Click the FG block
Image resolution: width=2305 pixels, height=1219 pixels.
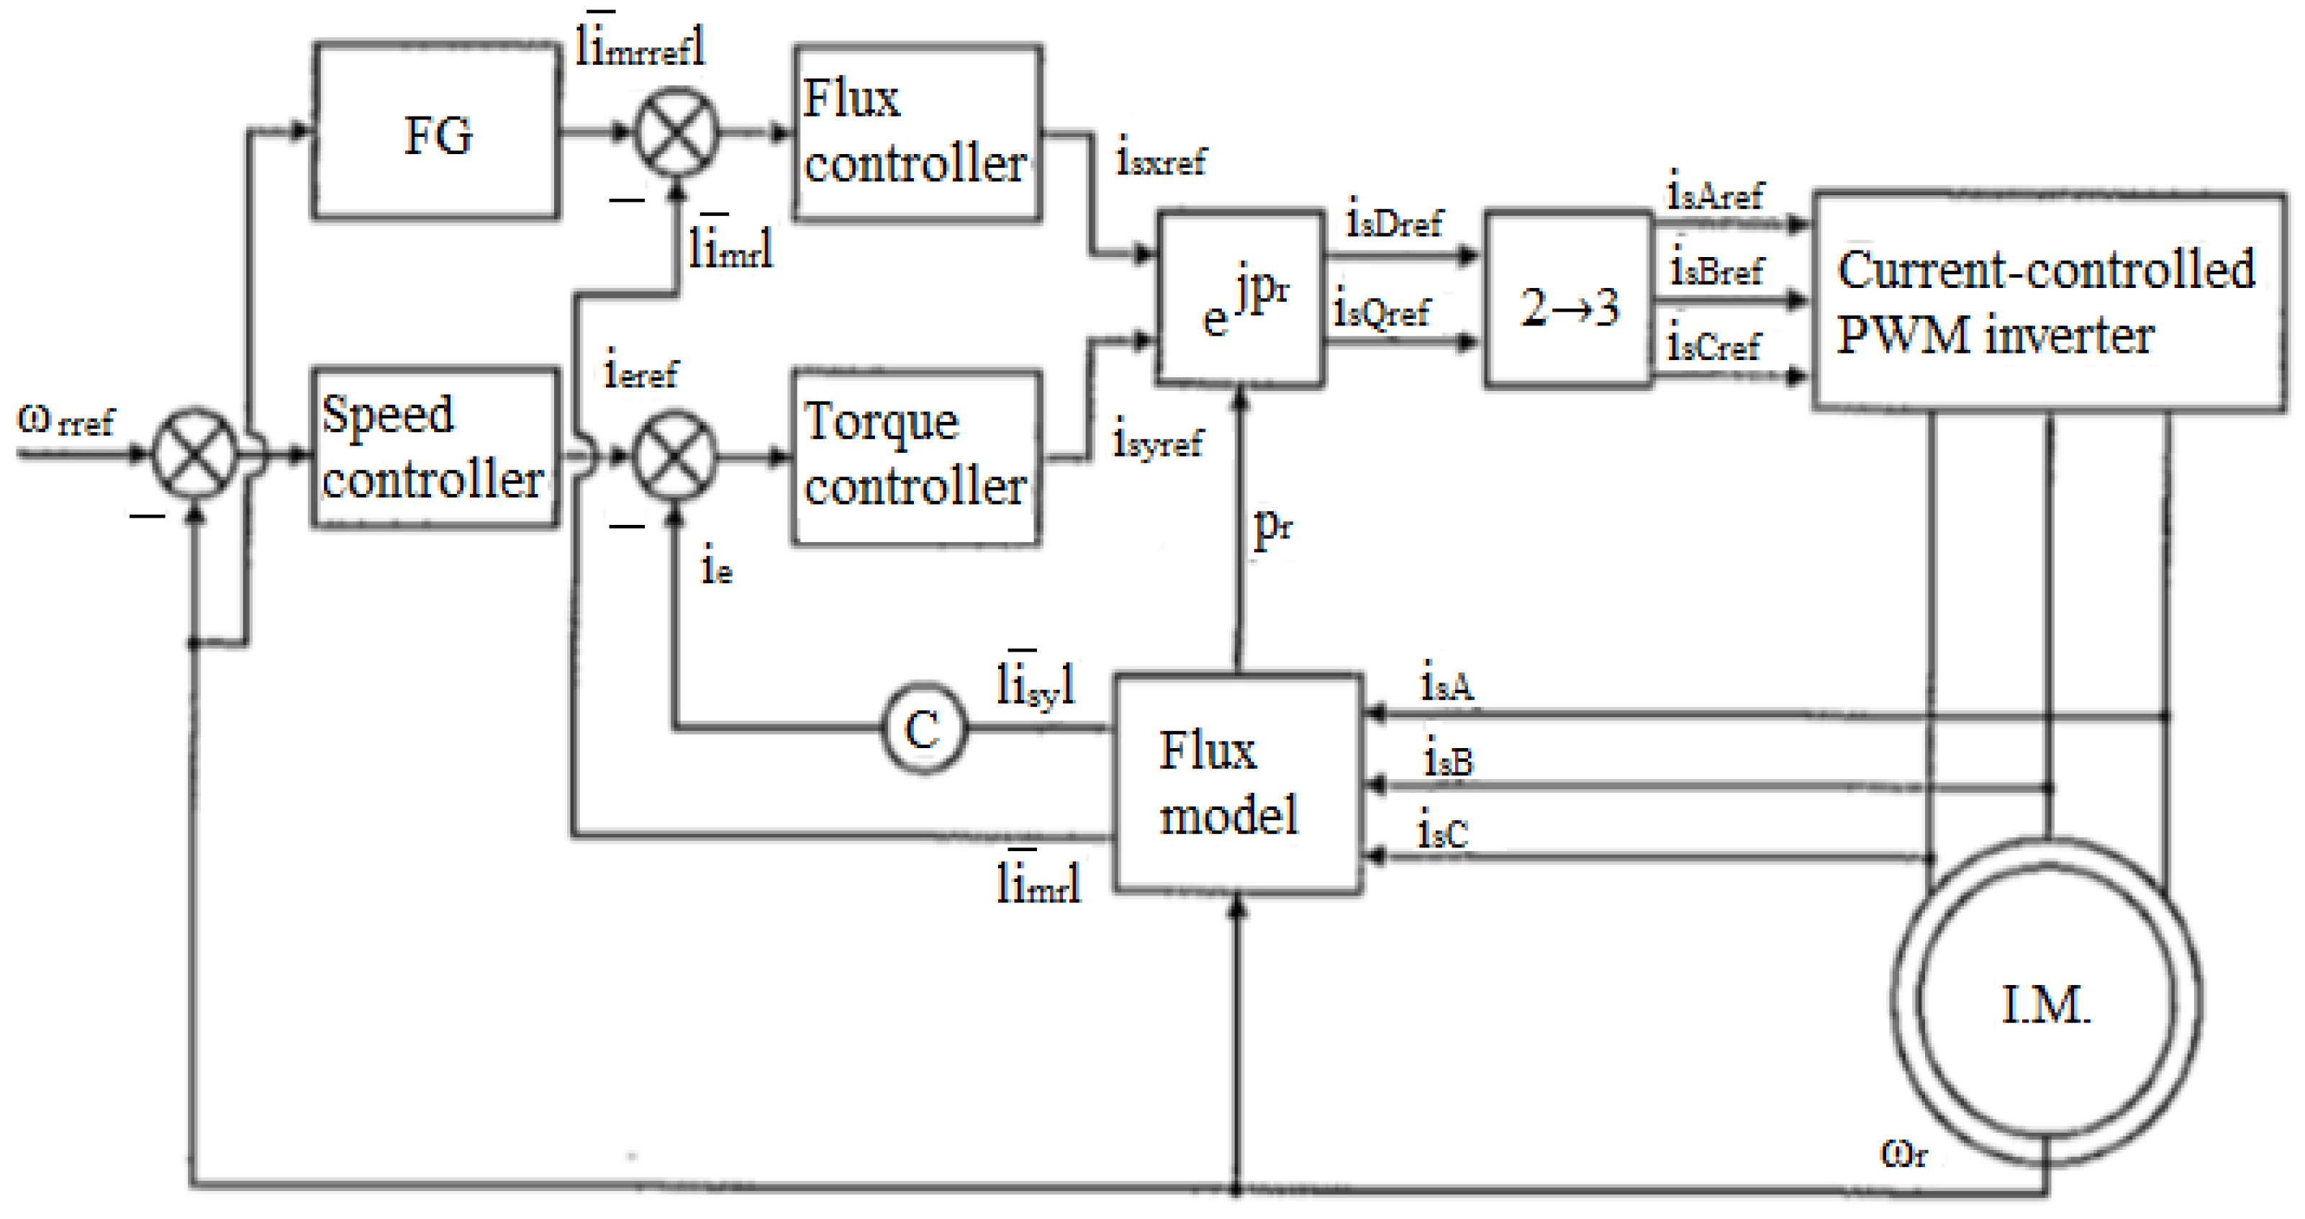click(436, 132)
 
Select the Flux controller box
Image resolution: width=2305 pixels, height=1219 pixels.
click(916, 132)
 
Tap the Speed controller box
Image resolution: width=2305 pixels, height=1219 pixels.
click(435, 448)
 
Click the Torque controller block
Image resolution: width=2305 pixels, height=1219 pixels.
click(916, 456)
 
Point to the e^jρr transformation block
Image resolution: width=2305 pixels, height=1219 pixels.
click(1240, 298)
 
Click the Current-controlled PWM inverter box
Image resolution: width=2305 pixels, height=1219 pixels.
click(2047, 302)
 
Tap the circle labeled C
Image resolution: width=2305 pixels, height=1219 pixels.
click(923, 729)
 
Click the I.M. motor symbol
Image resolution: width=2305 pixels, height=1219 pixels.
click(2047, 1002)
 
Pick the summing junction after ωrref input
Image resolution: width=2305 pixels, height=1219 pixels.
click(194, 454)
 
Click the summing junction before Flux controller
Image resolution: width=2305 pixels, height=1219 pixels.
click(676, 132)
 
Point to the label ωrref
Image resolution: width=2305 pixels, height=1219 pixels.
click(65, 419)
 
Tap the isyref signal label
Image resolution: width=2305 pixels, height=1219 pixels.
click(1157, 441)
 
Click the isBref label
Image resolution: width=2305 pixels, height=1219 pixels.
click(1716, 269)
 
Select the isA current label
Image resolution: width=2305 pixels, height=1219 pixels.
click(1446, 685)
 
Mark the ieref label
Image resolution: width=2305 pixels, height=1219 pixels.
click(640, 371)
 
